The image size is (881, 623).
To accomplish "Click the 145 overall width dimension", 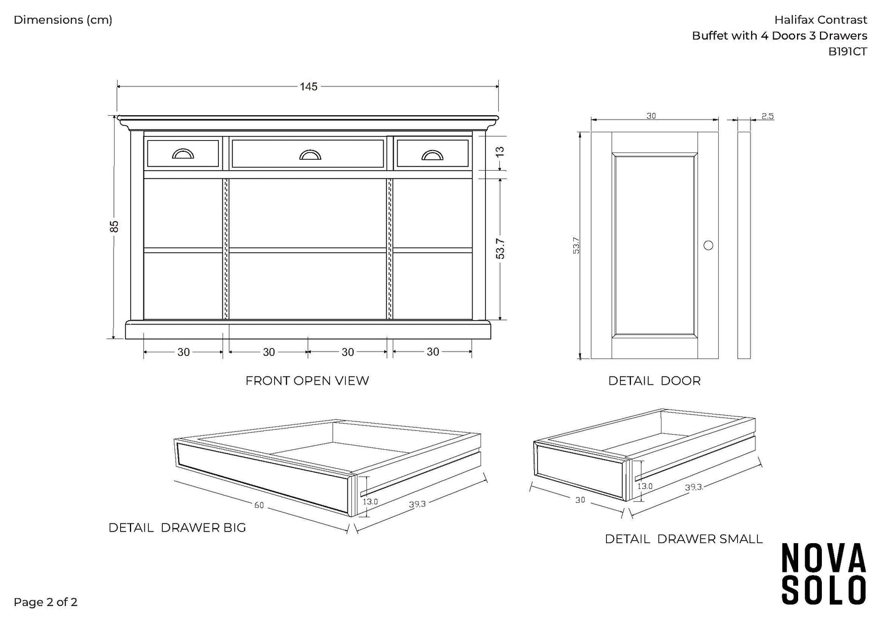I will pyautogui.click(x=309, y=87).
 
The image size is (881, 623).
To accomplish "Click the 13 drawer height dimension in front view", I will pyautogui.click(x=500, y=151).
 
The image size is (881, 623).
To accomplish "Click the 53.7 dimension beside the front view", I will pyautogui.click(x=500, y=249).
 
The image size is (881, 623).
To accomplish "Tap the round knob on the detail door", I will pyautogui.click(x=708, y=245).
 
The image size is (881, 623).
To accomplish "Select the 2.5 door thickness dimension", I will pyautogui.click(x=767, y=116).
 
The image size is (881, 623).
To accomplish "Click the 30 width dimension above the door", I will pyautogui.click(x=651, y=116).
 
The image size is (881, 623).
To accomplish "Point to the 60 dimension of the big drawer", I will pyautogui.click(x=259, y=504).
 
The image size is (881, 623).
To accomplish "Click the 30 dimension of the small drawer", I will pyautogui.click(x=579, y=499).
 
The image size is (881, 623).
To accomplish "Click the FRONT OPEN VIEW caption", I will pyautogui.click(x=307, y=381).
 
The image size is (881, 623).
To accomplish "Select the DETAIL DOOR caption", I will pyautogui.click(x=654, y=381).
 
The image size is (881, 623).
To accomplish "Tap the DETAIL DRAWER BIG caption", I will pyautogui.click(x=177, y=528).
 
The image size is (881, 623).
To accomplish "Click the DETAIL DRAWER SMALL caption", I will pyautogui.click(x=683, y=539).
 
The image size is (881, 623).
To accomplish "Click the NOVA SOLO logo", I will pyautogui.click(x=824, y=573).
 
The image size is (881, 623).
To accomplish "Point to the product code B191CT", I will pyautogui.click(x=847, y=52).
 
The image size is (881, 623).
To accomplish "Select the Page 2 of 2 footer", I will pyautogui.click(x=46, y=603).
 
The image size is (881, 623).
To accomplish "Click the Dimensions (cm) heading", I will pyautogui.click(x=63, y=20).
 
